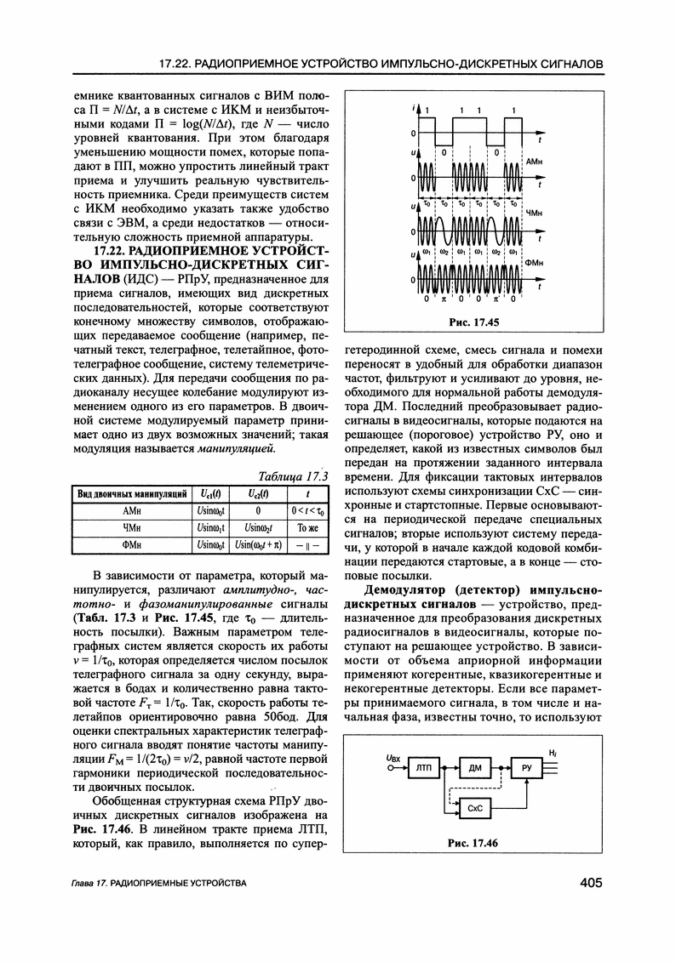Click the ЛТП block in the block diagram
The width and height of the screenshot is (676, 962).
(424, 769)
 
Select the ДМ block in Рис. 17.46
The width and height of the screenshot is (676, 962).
(475, 769)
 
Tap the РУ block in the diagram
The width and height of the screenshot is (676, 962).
(526, 769)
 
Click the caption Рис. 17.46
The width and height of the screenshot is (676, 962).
(473, 843)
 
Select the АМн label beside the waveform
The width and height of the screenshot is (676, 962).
(535, 161)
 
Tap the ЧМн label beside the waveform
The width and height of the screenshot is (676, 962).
(535, 212)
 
